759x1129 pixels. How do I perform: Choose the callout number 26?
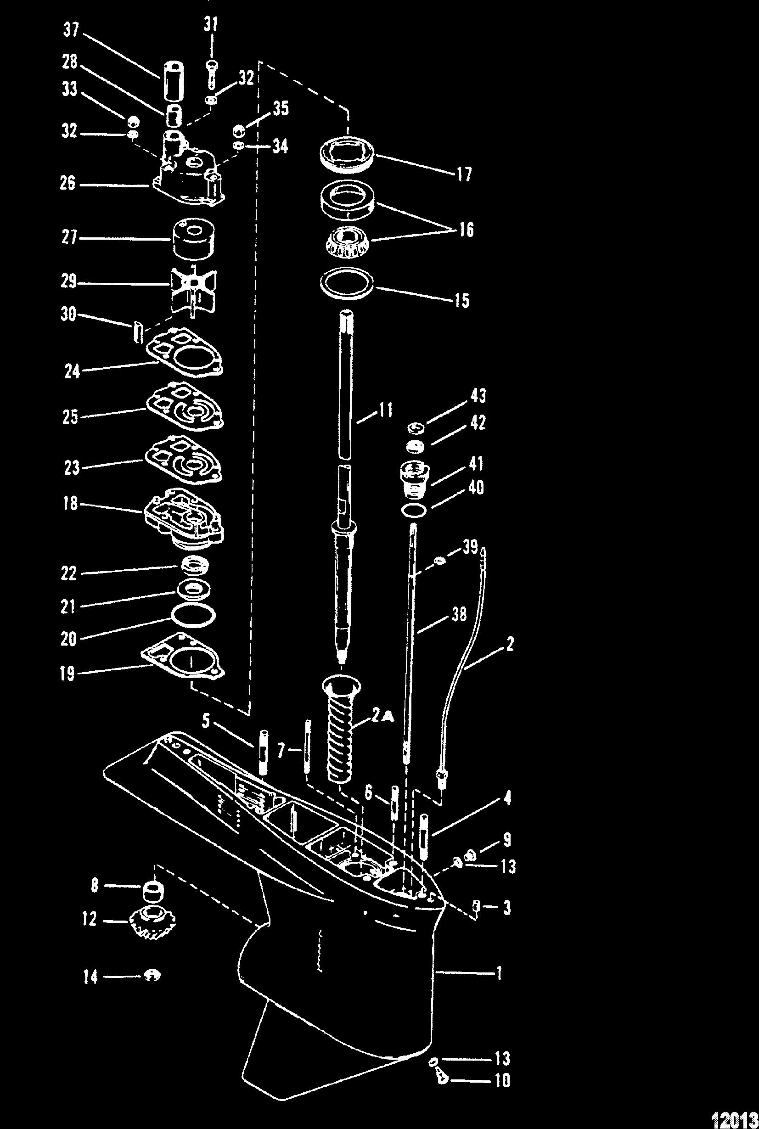(68, 185)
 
